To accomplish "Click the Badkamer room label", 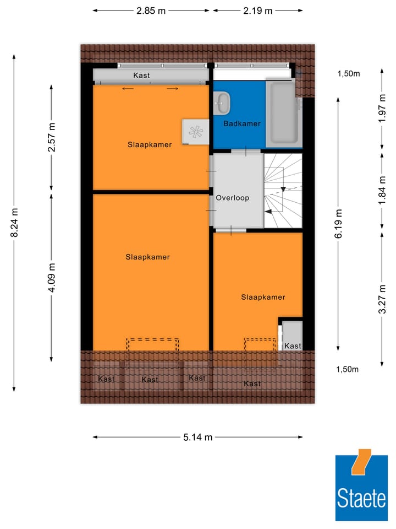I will (x=241, y=124).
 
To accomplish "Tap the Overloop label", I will (x=232, y=198).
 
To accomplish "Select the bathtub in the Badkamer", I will (x=283, y=113).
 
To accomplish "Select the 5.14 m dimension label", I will (x=197, y=438).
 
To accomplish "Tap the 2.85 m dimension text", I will (x=151, y=10).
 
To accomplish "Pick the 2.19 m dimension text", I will (x=258, y=10).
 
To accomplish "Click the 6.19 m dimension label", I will (x=339, y=223).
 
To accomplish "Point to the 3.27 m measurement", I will (x=382, y=298).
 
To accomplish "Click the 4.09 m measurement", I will (x=52, y=279).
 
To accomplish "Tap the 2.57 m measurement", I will (x=52, y=137).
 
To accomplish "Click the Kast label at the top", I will (x=141, y=75).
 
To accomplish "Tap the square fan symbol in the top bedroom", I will (x=195, y=132).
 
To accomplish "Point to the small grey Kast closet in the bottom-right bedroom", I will (x=292, y=336).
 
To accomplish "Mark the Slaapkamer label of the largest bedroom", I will (x=147, y=257).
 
